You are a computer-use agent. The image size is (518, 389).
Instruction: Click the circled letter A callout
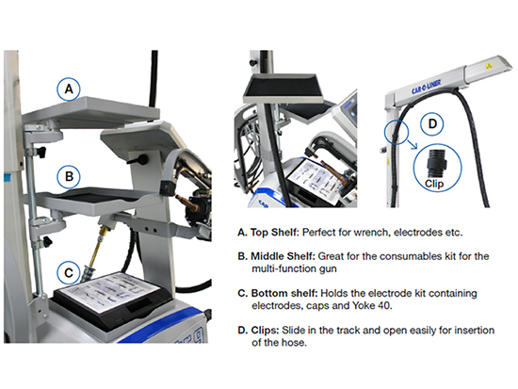69,89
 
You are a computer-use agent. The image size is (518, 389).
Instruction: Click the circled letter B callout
69,176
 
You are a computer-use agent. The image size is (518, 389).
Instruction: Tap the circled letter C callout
69,273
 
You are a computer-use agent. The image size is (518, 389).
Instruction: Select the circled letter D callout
432,124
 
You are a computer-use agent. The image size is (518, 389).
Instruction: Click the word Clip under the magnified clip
434,184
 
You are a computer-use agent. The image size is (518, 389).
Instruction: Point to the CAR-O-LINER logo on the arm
426,87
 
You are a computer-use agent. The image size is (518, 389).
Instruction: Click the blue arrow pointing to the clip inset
412,145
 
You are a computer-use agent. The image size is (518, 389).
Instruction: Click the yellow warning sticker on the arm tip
489,65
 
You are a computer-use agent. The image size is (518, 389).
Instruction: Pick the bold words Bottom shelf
284,293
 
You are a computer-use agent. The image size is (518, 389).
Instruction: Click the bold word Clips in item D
266,331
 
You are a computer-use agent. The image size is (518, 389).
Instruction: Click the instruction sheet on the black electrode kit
110,291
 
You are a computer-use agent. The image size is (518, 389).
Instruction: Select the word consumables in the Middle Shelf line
397,256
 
